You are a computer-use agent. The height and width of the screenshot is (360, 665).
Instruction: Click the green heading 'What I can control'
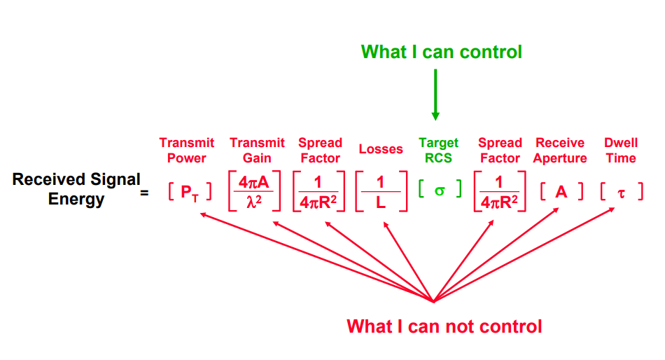pyautogui.click(x=441, y=52)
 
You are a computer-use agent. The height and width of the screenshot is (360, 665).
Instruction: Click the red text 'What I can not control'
pyautogui.click(x=444, y=326)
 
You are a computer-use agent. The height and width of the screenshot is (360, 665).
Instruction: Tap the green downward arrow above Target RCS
pyautogui.click(x=435, y=95)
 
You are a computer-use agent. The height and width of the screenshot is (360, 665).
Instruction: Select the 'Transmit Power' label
pyautogui.click(x=186, y=150)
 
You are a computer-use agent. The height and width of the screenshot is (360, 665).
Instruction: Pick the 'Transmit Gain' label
pyautogui.click(x=257, y=150)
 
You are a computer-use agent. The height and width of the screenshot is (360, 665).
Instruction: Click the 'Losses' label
pyautogui.click(x=381, y=149)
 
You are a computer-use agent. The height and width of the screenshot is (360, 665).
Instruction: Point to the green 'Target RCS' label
pyautogui.click(x=439, y=150)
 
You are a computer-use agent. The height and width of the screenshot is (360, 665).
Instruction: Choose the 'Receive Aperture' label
pyautogui.click(x=560, y=150)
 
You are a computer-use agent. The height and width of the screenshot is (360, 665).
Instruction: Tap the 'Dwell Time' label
pyautogui.click(x=621, y=150)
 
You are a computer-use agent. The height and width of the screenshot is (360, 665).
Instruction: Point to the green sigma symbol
pyautogui.click(x=440, y=190)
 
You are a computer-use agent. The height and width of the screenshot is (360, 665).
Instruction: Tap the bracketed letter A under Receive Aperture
pyautogui.click(x=561, y=191)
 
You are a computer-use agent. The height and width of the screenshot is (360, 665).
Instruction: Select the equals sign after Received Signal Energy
pyautogui.click(x=144, y=191)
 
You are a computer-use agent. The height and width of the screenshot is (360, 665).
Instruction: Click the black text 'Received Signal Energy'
pyautogui.click(x=76, y=189)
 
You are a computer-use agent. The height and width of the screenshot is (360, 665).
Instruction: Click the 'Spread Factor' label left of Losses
pyautogui.click(x=320, y=150)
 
